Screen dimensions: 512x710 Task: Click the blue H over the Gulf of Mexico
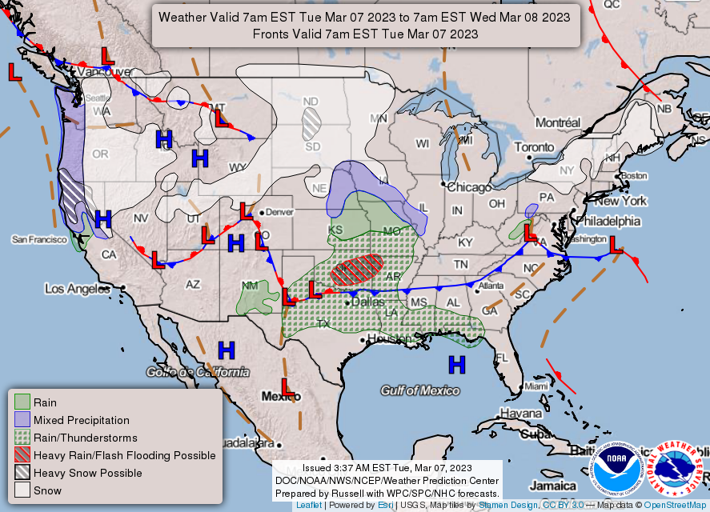pos(456,365)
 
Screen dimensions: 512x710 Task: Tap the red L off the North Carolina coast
pos(616,246)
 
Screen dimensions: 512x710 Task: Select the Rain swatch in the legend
pos(22,402)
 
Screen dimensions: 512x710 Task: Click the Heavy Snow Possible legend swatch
pos(22,473)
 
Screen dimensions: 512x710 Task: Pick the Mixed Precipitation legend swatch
pos(22,420)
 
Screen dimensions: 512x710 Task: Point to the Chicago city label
pos(470,187)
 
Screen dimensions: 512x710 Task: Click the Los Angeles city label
pos(76,289)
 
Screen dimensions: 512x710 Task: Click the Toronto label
pos(533,147)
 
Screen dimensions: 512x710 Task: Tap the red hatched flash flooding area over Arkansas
pos(359,269)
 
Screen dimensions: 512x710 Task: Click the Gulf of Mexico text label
pos(420,390)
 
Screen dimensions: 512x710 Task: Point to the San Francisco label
pos(38,239)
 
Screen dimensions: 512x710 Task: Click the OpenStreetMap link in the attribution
pos(674,506)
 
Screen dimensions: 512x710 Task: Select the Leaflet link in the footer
pos(309,506)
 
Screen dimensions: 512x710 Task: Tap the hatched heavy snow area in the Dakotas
pos(311,122)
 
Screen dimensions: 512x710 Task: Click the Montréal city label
pos(557,122)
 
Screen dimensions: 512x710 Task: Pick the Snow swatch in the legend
pos(22,490)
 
